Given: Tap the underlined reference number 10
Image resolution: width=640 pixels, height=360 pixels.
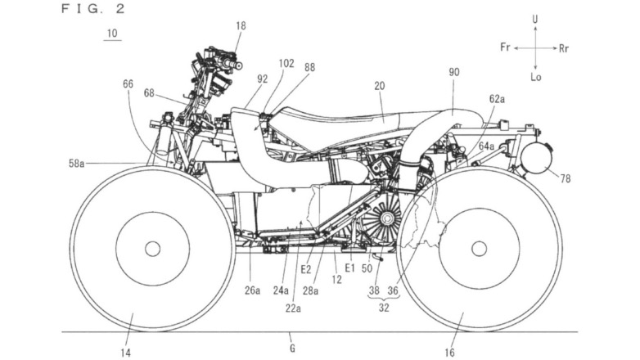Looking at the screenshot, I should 110,34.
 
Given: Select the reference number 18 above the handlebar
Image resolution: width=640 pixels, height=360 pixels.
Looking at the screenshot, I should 240,26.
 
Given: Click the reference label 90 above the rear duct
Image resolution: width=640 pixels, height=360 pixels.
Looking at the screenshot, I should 454,72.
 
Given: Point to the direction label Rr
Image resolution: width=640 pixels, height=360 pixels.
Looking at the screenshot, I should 564,48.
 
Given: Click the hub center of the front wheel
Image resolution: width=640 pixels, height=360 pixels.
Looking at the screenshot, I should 152,248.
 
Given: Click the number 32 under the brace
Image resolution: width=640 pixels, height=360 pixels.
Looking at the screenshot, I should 385,310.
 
